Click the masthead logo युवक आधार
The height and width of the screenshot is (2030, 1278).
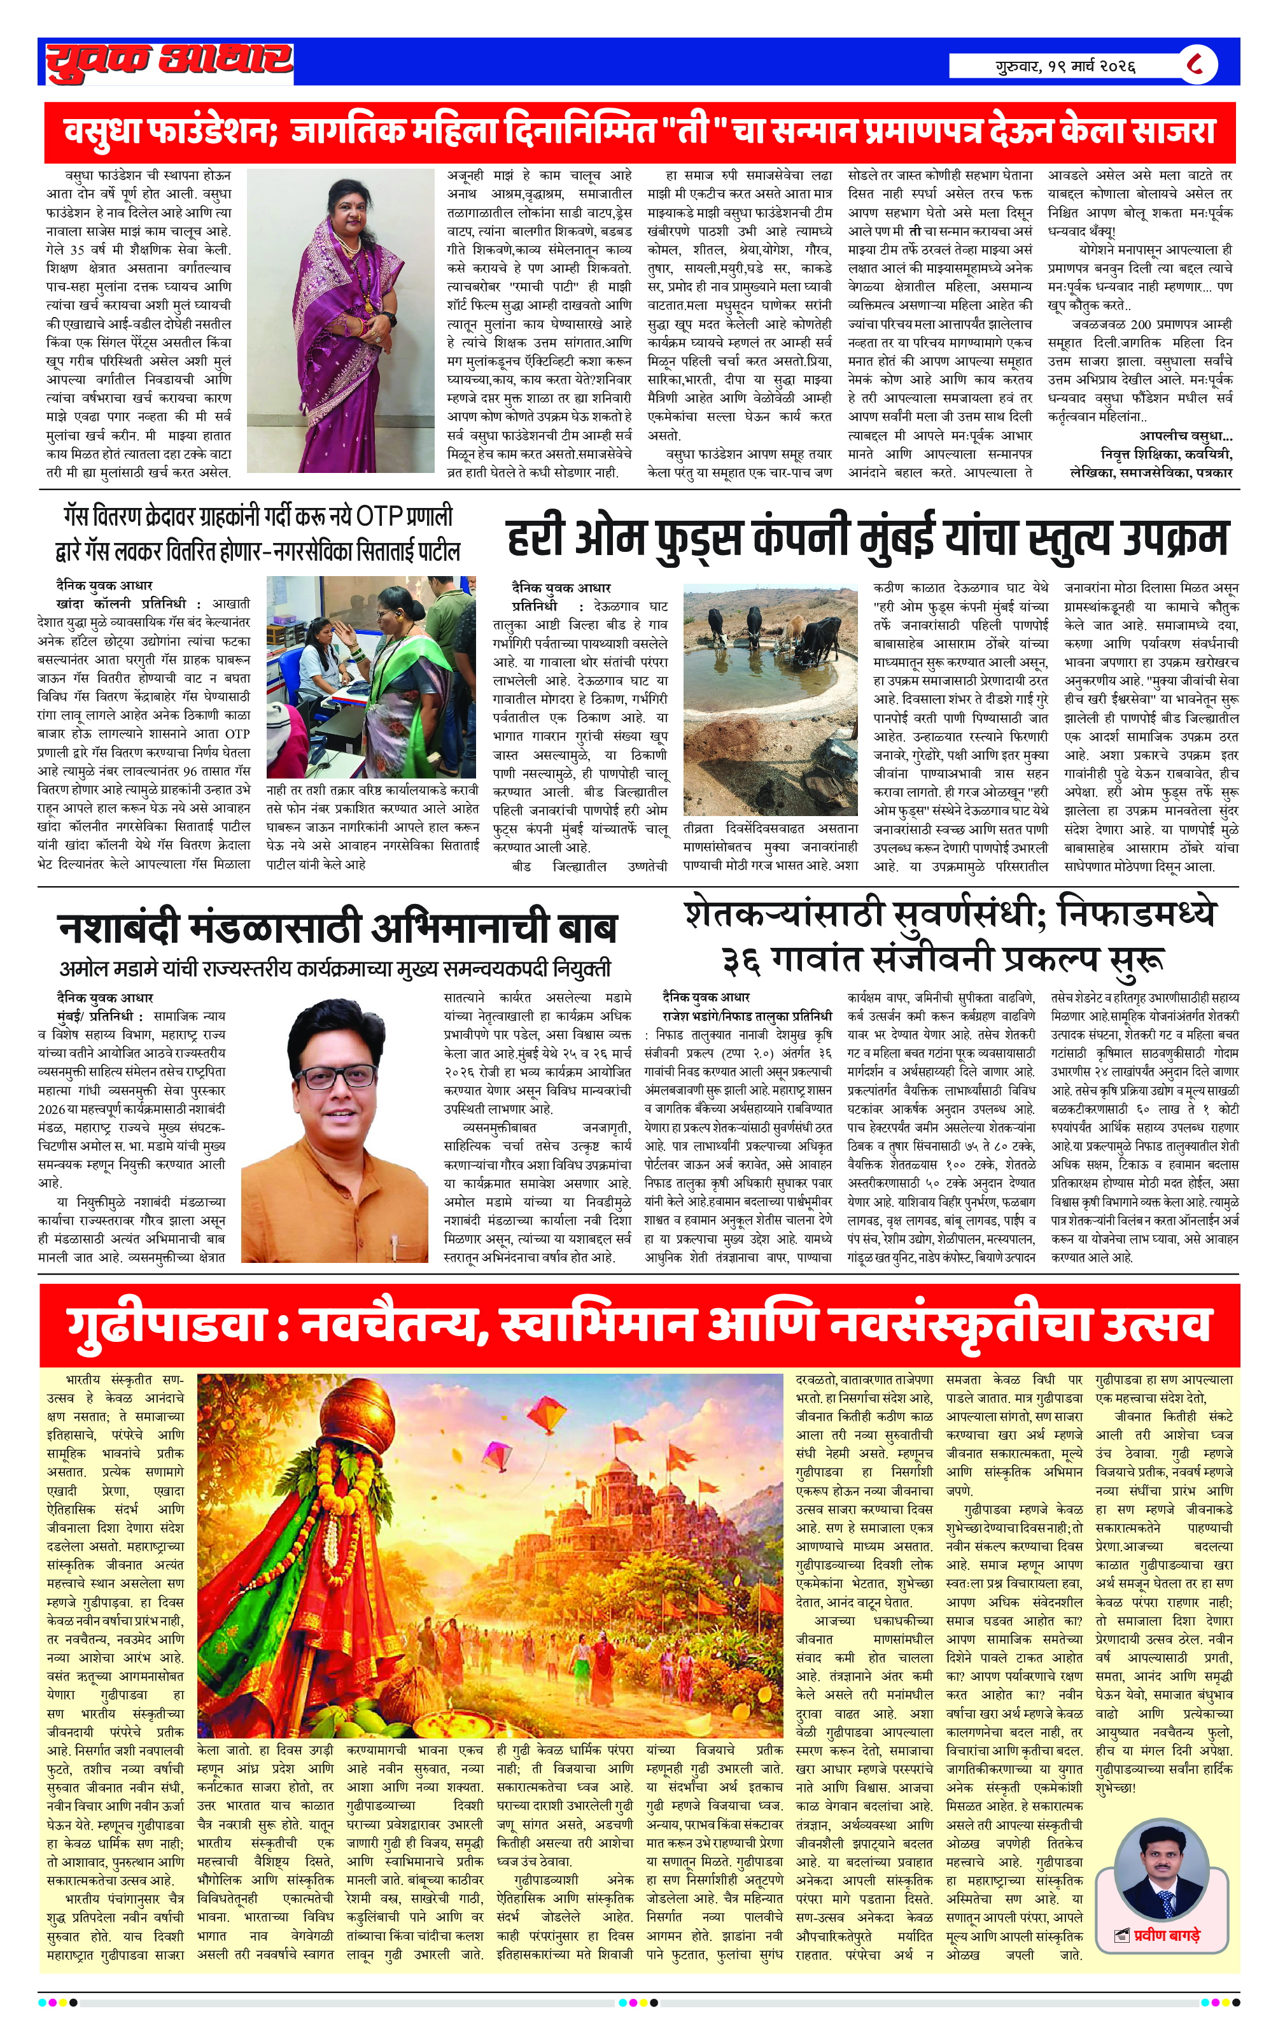169,60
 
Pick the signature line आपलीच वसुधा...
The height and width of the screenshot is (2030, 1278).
1185,436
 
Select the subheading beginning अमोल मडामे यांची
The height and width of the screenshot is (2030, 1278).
335,969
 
